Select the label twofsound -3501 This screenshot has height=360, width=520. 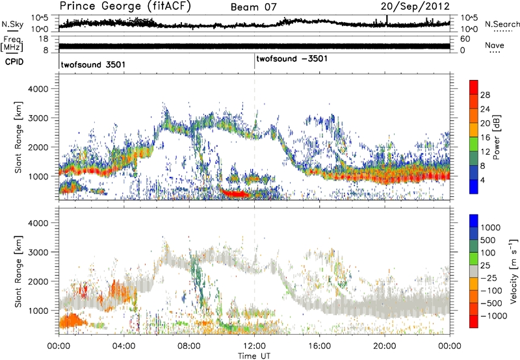[292, 59]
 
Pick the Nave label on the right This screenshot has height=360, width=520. [497, 45]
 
